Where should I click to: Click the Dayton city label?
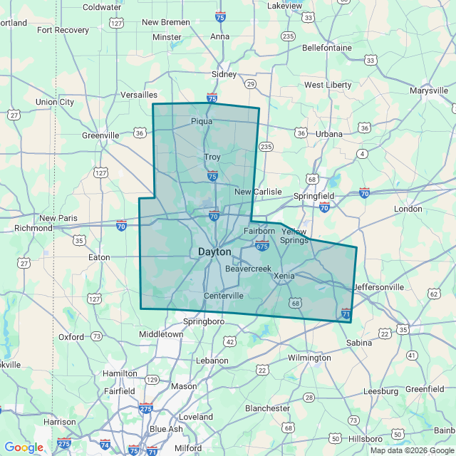214,252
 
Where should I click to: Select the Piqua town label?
202,121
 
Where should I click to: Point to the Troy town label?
212,157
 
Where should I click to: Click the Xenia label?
284,276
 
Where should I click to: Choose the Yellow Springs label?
295,236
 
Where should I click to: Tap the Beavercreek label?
249,269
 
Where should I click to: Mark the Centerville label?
224,296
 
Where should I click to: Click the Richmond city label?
33,228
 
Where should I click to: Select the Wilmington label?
309,358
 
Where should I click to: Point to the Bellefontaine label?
327,48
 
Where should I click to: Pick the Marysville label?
430,90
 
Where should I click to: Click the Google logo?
24,447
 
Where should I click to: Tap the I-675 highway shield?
261,247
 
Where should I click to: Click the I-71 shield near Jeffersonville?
346,313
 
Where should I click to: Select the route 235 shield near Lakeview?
288,36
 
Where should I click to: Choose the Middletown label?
161,333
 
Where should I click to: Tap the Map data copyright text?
410,450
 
